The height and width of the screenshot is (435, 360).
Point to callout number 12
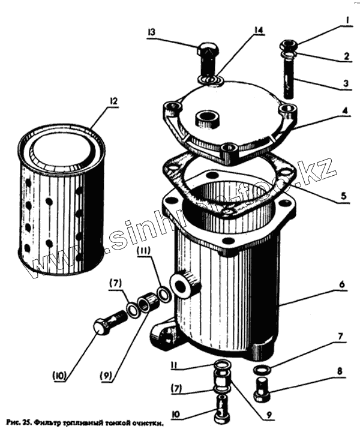pos(112,102)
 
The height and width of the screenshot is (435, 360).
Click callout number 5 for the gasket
pos(343,195)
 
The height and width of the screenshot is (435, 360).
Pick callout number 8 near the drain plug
pos(340,371)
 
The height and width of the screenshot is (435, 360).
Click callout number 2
pos(346,56)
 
